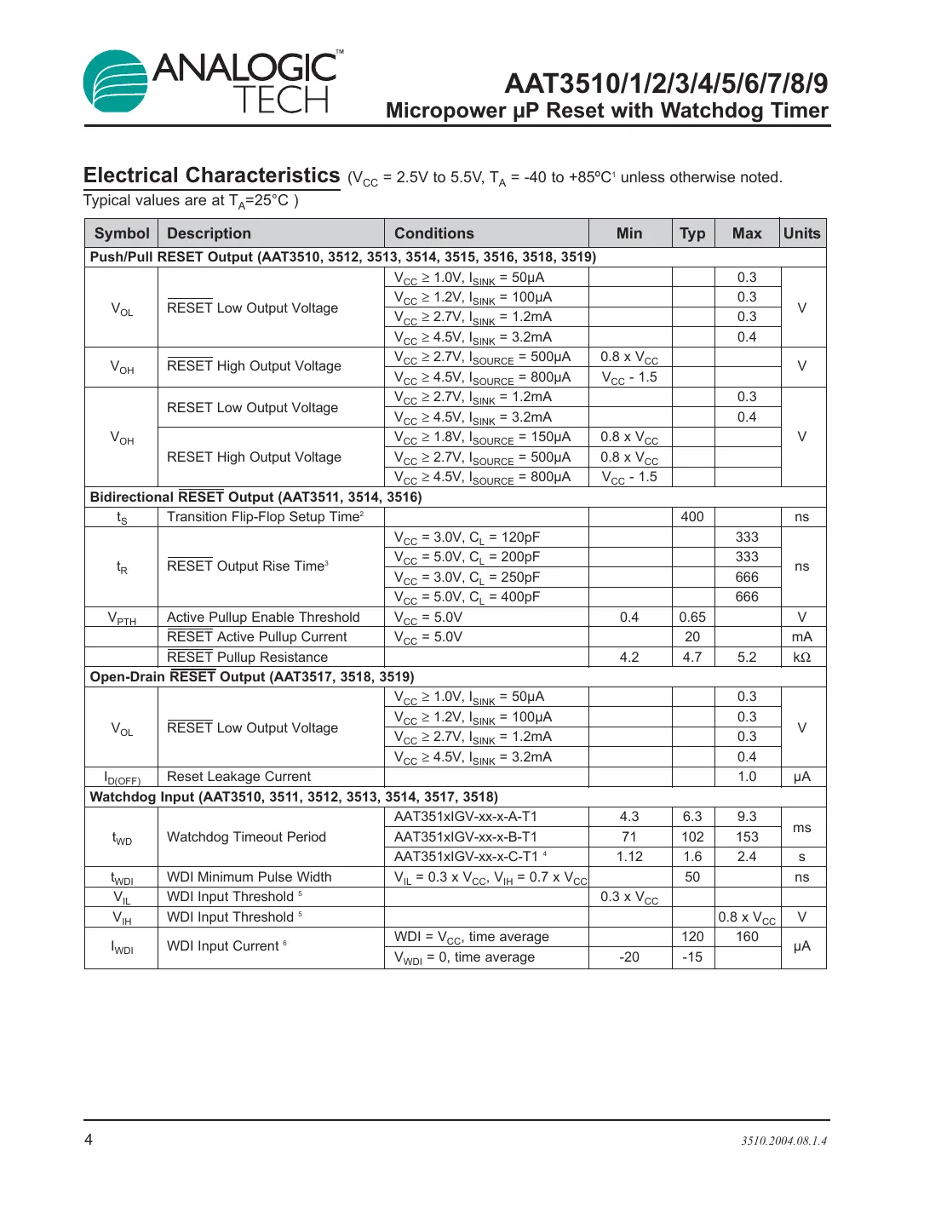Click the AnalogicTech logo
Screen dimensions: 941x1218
click(213, 82)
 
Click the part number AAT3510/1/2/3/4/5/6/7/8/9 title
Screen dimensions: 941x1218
click(666, 83)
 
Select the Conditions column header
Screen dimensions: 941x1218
click(434, 233)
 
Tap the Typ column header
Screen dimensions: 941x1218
click(692, 233)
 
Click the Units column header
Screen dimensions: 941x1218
click(802, 233)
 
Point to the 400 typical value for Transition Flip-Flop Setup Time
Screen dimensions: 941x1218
click(692, 517)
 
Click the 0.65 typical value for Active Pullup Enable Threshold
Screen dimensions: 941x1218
click(692, 618)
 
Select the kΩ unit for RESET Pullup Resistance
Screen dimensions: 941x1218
click(802, 658)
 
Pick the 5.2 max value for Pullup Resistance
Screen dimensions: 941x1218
click(747, 658)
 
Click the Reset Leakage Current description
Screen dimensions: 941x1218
click(239, 777)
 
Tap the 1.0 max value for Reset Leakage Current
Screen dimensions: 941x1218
click(747, 777)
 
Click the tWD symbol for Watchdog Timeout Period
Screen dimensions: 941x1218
click(122, 838)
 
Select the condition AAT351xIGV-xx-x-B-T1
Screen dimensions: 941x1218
click(466, 837)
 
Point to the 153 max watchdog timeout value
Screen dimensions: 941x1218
click(747, 837)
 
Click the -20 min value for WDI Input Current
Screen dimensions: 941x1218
click(629, 957)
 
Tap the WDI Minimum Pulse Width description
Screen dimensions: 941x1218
click(250, 877)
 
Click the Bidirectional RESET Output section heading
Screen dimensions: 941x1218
click(256, 497)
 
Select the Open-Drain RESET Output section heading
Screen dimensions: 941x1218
click(252, 677)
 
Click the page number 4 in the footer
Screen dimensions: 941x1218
click(89, 1140)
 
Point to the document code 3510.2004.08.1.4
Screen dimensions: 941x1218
click(783, 1140)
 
